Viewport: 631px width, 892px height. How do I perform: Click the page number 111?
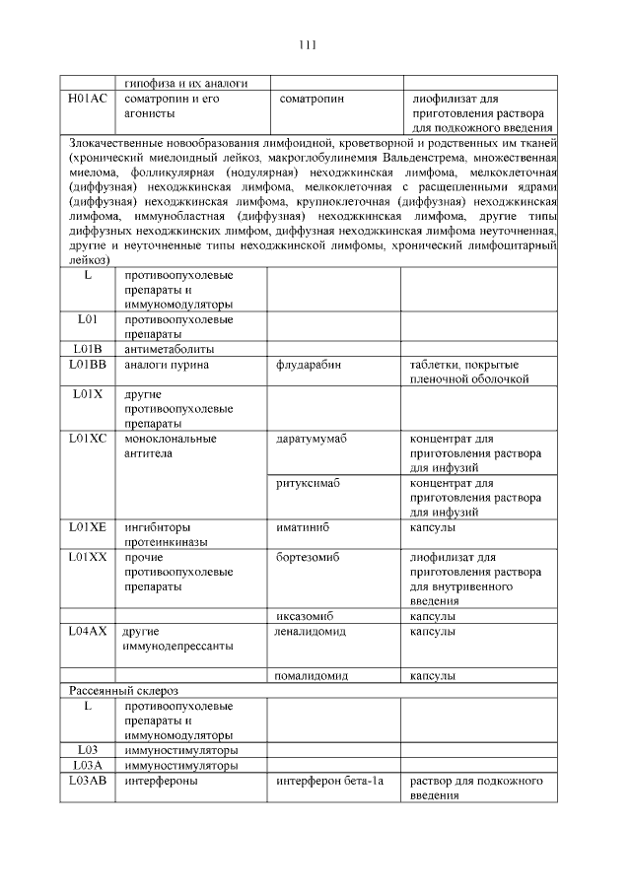pos(307,44)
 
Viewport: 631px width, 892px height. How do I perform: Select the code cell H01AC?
pos(87,100)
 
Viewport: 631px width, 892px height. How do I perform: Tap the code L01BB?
pos(88,365)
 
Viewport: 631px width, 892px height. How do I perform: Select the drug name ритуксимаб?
pos(309,483)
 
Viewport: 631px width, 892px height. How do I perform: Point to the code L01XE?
pos(88,527)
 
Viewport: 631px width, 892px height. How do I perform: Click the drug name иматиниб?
pos(303,527)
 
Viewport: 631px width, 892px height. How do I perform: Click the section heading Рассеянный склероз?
pos(124,691)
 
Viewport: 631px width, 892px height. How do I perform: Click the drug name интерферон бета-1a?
pos(328,781)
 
